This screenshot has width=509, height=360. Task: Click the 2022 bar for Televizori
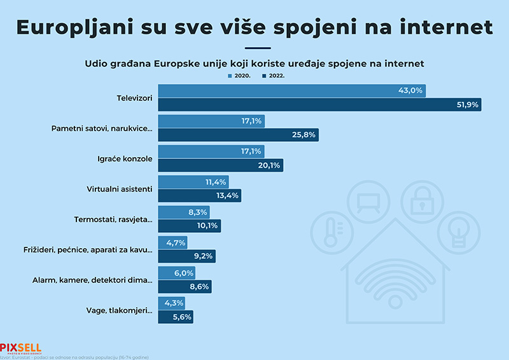(319, 105)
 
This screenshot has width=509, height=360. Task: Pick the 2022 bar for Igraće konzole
(220, 165)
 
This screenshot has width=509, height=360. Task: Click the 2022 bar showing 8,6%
(184, 287)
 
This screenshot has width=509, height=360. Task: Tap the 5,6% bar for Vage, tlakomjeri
(175, 317)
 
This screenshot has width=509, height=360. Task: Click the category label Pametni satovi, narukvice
(102, 128)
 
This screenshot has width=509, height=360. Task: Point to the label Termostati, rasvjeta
(113, 219)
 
